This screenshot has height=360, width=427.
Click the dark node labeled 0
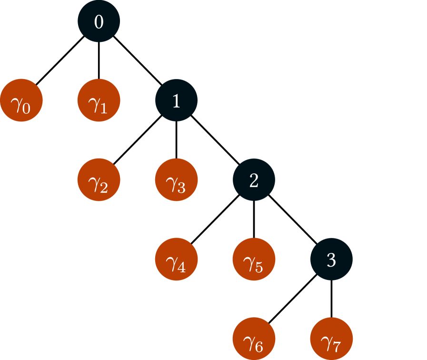99,21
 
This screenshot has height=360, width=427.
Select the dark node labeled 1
176,100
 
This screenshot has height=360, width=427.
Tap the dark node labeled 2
254,180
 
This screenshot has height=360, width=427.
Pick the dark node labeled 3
331,260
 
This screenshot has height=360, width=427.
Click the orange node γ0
21,100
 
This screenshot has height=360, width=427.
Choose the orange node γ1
99,100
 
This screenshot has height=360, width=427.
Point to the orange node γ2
99,180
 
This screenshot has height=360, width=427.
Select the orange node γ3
176,180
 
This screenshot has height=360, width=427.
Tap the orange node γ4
176,260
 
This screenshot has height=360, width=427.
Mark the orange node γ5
254,260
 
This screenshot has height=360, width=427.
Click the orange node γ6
254,339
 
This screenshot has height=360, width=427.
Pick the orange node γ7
331,339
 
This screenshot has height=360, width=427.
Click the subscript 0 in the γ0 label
26,109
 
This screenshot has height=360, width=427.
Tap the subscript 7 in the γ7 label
337,347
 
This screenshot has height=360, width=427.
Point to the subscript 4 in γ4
181,268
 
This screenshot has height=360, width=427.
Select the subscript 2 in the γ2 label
104,188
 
